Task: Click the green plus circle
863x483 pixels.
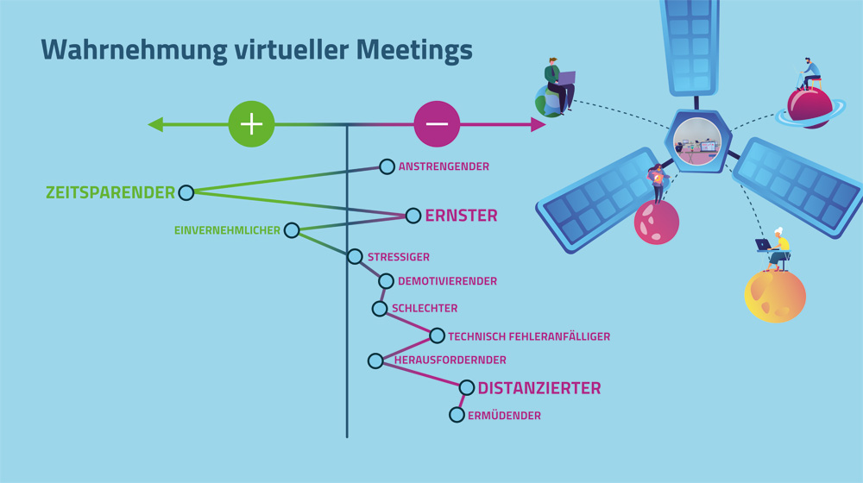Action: click(x=251, y=124)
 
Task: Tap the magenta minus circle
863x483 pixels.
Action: click(x=437, y=124)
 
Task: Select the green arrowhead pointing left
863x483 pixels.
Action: click(x=155, y=124)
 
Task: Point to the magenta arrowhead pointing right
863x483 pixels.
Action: click(x=539, y=124)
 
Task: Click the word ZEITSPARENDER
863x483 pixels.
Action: click(x=110, y=192)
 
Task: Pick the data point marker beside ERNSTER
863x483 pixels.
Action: click(x=413, y=216)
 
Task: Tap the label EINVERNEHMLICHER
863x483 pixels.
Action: click(x=227, y=230)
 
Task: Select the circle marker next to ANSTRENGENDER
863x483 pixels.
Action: click(x=387, y=166)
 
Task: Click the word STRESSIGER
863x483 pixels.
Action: click(x=399, y=257)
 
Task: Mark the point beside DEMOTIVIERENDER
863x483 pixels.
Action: click(x=386, y=281)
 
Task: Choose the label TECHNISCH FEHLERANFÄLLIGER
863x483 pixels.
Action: click(x=529, y=336)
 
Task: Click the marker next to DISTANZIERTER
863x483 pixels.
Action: click(x=467, y=388)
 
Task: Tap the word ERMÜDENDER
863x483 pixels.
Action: click(x=504, y=416)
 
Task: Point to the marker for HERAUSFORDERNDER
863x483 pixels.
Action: click(x=375, y=361)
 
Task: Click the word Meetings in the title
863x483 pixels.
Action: click(x=414, y=50)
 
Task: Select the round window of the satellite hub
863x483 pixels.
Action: click(x=697, y=141)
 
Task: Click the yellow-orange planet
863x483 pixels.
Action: click(x=775, y=296)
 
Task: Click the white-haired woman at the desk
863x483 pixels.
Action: click(x=777, y=250)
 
